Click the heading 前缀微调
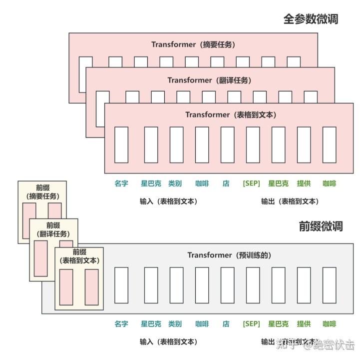(x=321, y=226)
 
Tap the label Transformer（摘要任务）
(x=193, y=44)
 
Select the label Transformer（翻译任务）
(x=209, y=80)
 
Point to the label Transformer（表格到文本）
(x=231, y=114)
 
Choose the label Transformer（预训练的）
(x=229, y=255)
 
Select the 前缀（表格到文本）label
(x=79, y=256)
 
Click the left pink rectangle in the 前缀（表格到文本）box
(x=66, y=287)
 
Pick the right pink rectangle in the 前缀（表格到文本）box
(x=91, y=287)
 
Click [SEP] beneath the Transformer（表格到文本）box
(x=251, y=183)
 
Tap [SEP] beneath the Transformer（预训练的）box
(x=251, y=324)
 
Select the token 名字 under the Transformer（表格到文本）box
(x=121, y=183)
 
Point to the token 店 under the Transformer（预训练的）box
(x=226, y=324)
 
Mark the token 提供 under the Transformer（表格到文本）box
(x=304, y=183)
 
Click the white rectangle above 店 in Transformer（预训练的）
(x=227, y=285)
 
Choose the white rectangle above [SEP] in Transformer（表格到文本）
(x=253, y=144)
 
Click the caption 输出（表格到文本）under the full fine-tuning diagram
(x=290, y=201)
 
